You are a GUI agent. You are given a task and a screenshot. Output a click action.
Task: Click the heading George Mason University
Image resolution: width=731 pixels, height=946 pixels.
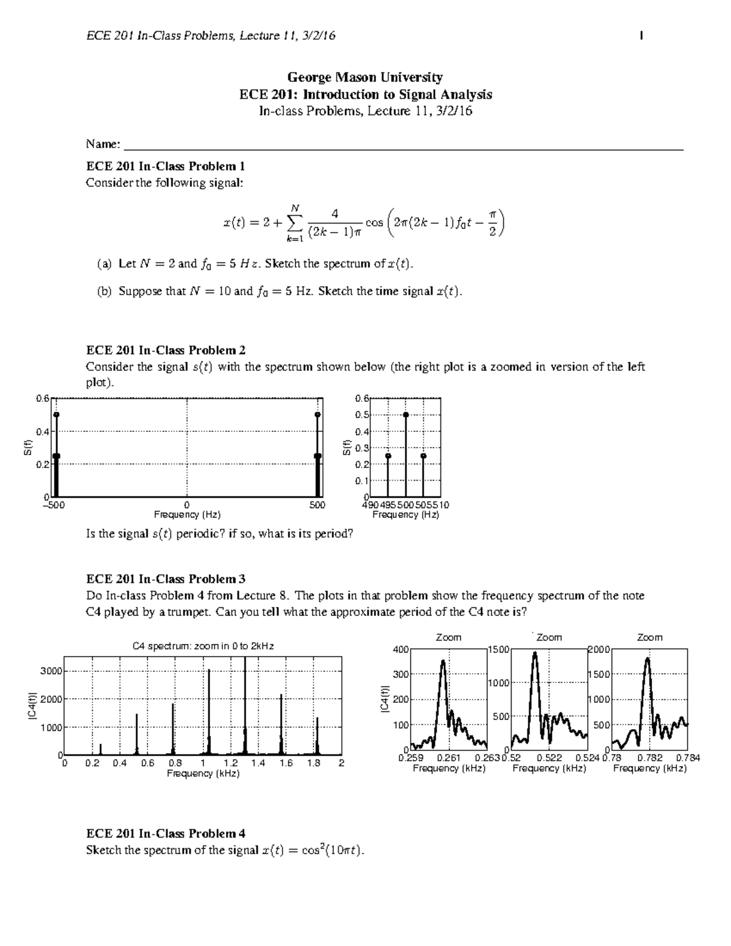click(365, 77)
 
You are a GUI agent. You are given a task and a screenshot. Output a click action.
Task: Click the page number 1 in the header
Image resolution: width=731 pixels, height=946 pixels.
click(641, 36)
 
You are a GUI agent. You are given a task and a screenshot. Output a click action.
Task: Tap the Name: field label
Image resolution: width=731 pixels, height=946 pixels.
click(103, 144)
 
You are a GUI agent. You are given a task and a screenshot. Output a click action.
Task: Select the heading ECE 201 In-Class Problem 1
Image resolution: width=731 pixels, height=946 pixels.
click(165, 166)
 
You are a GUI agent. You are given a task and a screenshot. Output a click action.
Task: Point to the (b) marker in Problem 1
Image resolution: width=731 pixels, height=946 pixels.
click(104, 291)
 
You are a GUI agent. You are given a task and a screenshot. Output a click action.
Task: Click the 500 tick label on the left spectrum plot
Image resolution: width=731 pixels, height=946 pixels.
click(317, 505)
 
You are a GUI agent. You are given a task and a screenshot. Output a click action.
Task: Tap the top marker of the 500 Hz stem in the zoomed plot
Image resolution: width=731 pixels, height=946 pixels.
click(406, 415)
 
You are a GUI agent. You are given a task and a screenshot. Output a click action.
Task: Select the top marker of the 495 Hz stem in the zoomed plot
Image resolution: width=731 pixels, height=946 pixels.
click(388, 456)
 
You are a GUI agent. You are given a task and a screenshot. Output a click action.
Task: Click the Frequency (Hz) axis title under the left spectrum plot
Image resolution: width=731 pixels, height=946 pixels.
click(187, 515)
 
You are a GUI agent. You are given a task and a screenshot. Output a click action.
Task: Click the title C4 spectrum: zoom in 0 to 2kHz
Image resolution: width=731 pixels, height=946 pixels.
click(203, 646)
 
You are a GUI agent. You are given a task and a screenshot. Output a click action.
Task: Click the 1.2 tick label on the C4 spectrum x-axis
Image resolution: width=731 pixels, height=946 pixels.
click(231, 763)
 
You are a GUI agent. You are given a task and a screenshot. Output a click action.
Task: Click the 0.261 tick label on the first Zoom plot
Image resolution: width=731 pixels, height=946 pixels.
click(449, 758)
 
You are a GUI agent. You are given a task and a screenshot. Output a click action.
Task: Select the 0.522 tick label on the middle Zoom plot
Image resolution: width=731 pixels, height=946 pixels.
click(549, 758)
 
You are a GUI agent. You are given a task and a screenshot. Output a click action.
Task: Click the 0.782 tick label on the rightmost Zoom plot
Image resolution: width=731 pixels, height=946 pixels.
click(649, 758)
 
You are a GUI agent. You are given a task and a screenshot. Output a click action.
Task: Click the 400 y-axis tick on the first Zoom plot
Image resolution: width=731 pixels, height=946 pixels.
click(400, 649)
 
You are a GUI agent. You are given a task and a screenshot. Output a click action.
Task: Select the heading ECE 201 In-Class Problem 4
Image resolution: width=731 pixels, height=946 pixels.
click(166, 833)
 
